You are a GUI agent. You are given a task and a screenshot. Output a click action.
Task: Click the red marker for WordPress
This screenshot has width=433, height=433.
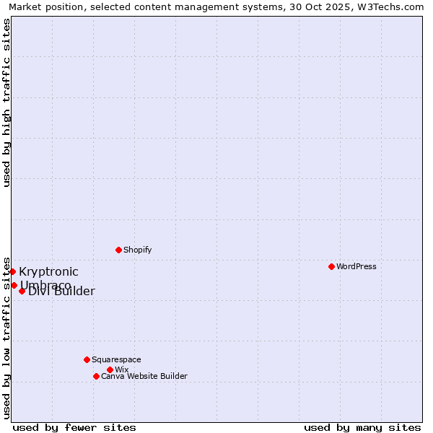331,266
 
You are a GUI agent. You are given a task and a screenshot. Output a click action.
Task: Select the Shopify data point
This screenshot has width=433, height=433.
118,250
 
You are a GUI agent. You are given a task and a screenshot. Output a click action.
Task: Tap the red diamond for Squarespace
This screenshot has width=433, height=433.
87,359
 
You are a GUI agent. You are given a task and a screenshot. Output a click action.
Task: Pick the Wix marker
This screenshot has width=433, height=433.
110,369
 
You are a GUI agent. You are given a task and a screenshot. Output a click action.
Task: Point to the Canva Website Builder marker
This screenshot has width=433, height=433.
96,376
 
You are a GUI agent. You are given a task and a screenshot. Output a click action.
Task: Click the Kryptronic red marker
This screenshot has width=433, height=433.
12,271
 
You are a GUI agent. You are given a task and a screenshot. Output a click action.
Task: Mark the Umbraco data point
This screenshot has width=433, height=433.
14,285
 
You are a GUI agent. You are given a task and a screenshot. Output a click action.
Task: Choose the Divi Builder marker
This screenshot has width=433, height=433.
22,291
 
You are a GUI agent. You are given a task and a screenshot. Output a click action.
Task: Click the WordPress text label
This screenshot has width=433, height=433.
356,266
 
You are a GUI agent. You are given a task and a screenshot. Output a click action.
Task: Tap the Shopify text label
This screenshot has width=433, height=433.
137,250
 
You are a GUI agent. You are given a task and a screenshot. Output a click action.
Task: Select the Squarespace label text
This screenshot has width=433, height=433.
116,359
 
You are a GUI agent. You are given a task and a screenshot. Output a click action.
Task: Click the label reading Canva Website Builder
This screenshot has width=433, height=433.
144,376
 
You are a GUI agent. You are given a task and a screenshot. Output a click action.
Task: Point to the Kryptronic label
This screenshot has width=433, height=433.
48,271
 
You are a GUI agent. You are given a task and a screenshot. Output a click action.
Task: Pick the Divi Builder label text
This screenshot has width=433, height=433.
62,292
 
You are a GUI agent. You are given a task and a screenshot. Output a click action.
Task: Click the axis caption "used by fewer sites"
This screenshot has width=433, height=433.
74,427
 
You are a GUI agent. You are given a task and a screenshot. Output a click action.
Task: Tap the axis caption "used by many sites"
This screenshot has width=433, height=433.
362,427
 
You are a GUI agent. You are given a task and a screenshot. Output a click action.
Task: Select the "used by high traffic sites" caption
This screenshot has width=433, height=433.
6,102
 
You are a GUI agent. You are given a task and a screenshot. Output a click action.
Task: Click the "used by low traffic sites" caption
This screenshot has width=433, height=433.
6,338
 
